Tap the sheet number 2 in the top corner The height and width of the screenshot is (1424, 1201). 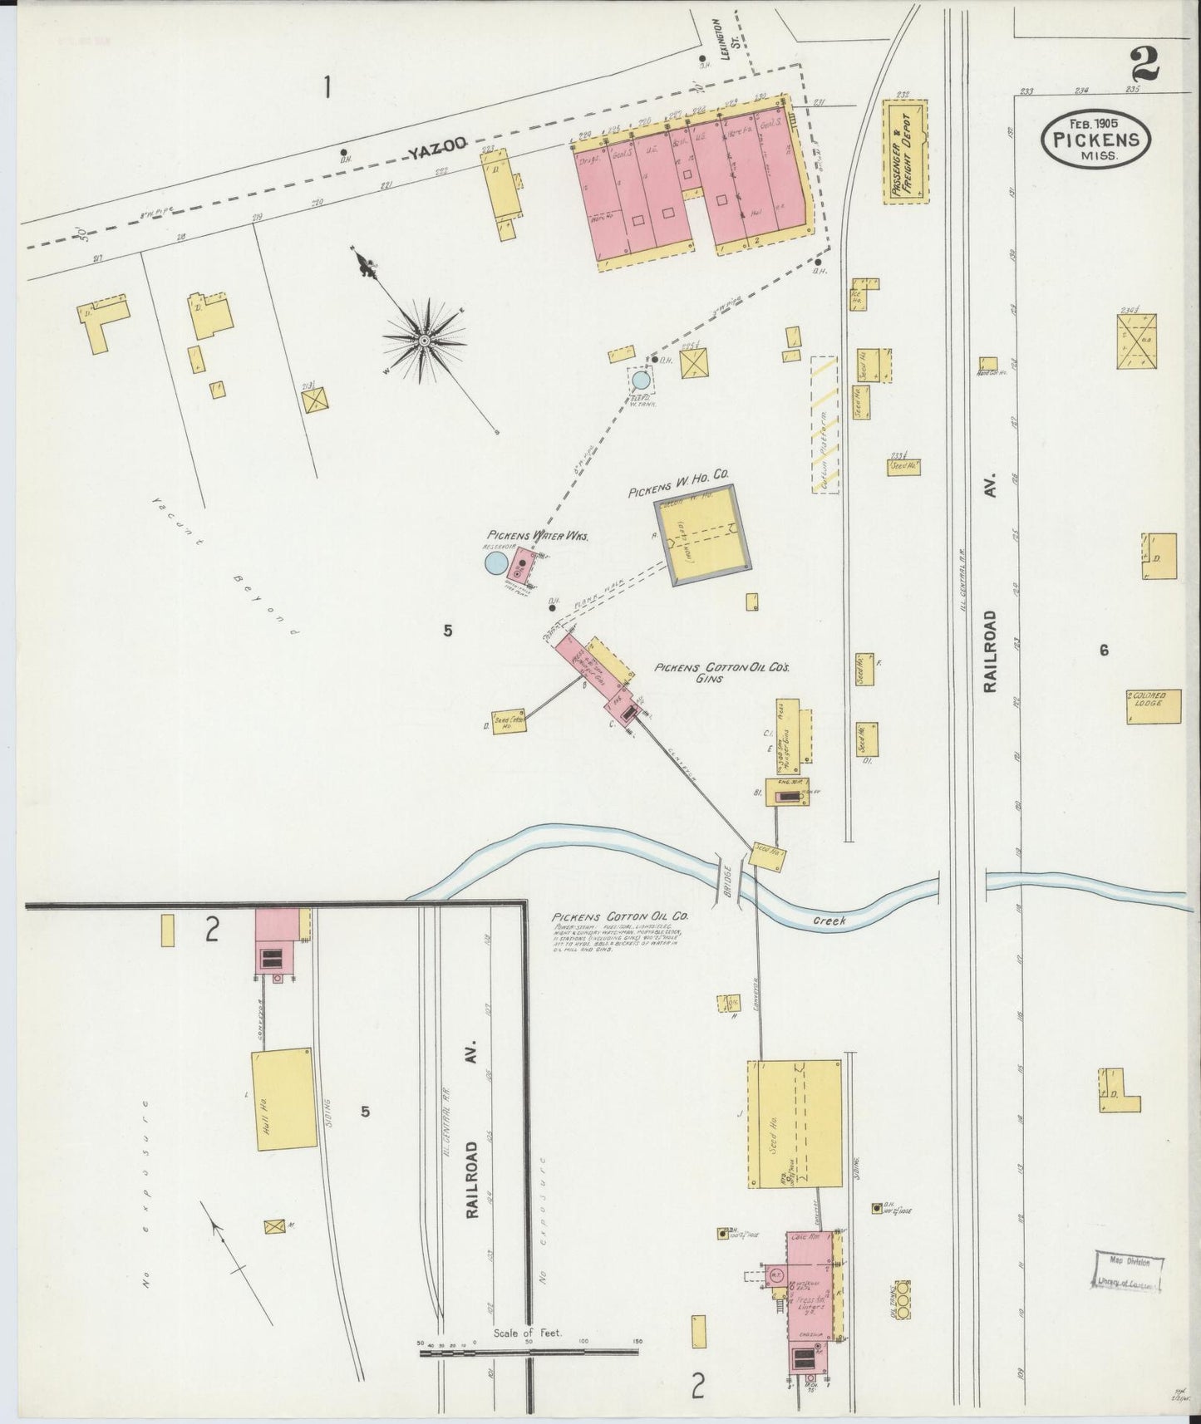point(1145,65)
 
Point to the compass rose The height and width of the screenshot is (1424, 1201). point(424,339)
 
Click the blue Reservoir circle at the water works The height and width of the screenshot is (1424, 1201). point(495,564)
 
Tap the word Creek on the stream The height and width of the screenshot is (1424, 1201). point(829,921)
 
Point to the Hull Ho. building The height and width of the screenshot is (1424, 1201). point(285,1099)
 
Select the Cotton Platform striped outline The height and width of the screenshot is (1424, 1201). point(824,425)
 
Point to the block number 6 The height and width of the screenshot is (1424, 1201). point(1104,651)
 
